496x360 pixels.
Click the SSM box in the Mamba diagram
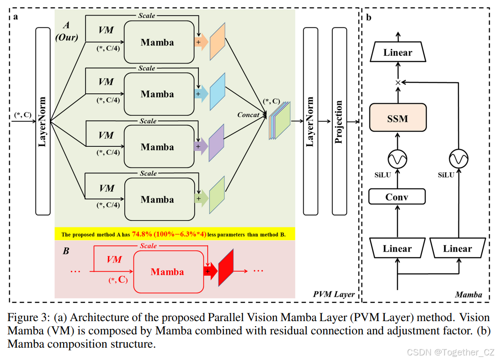[397, 119]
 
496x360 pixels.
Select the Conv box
[397, 197]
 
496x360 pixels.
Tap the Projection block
[339, 121]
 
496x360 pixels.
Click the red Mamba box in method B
[168, 272]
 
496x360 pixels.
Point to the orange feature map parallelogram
[217, 42]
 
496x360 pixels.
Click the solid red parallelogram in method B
[226, 268]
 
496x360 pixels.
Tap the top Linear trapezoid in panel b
[398, 53]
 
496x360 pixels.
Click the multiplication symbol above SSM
[398, 82]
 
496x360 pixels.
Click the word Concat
[248, 115]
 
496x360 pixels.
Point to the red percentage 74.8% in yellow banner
[142, 234]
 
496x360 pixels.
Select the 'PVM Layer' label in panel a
[334, 294]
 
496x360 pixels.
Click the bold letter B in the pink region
[66, 251]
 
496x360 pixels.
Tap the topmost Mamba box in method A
[158, 42]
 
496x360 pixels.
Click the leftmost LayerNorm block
[43, 121]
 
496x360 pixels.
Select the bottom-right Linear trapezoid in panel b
[457, 249]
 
